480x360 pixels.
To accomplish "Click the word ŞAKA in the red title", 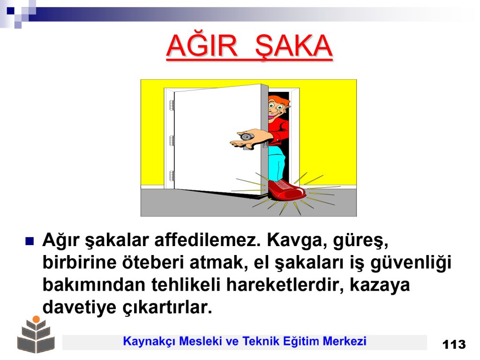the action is pos(293,46).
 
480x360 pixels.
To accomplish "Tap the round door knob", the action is pos(245,136).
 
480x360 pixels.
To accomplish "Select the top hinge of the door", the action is pos(172,105).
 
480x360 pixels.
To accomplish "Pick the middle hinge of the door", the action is pos(172,141).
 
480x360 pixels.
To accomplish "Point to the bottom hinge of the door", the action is pos(172,176).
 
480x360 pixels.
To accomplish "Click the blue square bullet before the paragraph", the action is pos(30,241).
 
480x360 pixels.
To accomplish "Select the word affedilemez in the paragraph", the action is pos(207,240).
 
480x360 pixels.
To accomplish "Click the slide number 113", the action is pos(454,345).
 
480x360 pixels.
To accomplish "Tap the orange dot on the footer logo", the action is pos(36,319).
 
